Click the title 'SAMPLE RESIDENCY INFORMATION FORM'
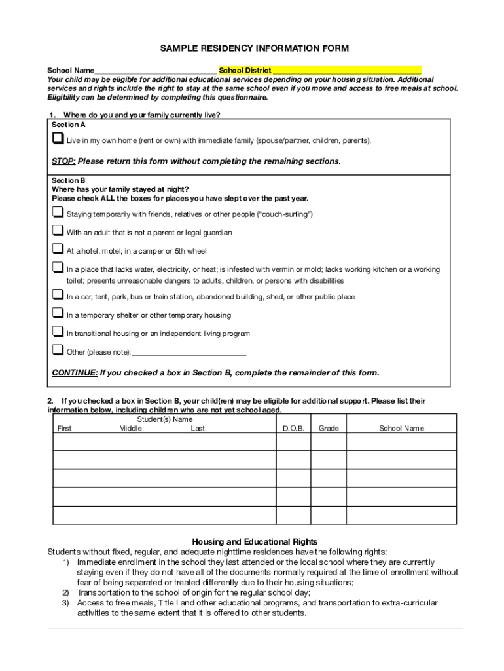coord(255,48)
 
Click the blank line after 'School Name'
coord(155,71)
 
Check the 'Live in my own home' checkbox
coord(58,139)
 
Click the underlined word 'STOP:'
coord(63,161)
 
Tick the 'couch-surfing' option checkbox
coord(58,213)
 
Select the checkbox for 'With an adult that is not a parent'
coord(58,231)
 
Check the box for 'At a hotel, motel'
coord(58,250)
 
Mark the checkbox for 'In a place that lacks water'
coord(58,268)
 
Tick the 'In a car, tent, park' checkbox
coord(58,296)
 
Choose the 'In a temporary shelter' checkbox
coord(58,314)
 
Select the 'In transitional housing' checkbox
coord(58,332)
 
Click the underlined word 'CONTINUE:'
coord(75,373)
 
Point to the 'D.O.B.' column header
coord(293,429)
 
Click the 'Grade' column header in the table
coord(328,429)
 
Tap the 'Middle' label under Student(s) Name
coord(130,429)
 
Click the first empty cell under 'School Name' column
coord(401,442)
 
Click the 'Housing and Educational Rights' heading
coord(255,541)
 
